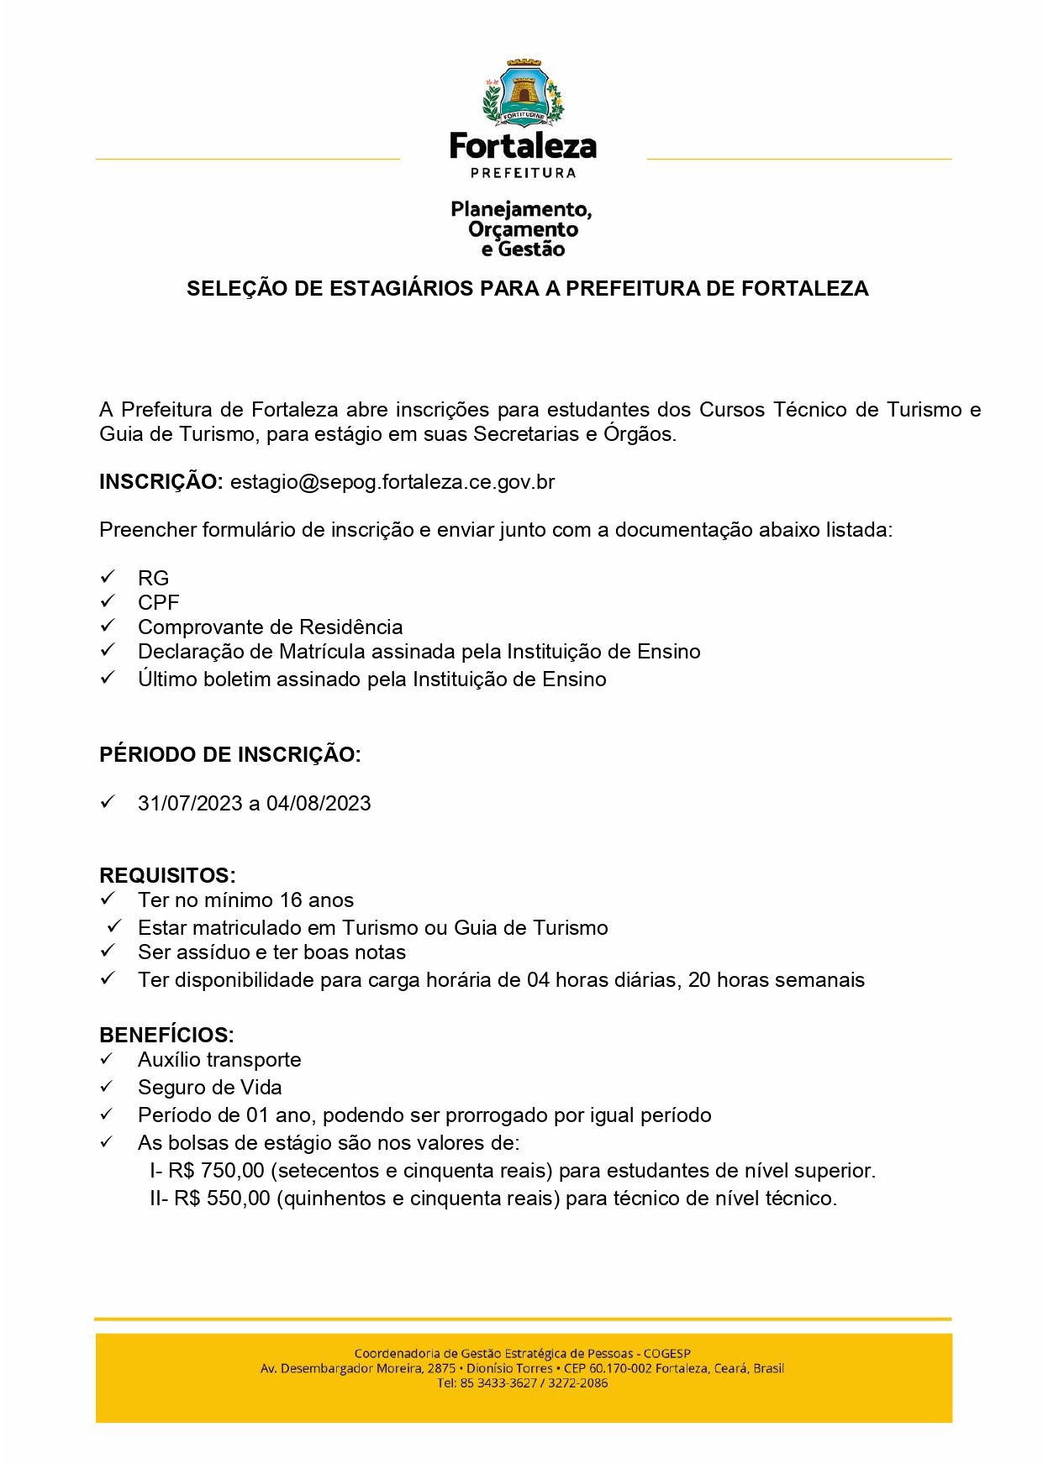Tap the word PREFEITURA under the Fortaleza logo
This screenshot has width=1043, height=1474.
[x=523, y=173]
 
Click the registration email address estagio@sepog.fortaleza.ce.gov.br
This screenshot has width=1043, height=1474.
[x=392, y=482]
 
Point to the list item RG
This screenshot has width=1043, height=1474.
[x=153, y=579]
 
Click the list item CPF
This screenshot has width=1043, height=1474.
[x=158, y=603]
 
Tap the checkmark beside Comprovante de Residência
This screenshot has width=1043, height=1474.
[x=108, y=627]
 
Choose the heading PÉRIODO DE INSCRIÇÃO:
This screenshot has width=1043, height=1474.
[x=229, y=754]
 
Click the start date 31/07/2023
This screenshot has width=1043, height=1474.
[x=190, y=804]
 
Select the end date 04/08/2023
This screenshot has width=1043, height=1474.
[x=319, y=804]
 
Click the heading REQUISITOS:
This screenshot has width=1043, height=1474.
[x=167, y=875]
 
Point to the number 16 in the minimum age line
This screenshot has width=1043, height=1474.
[x=291, y=900]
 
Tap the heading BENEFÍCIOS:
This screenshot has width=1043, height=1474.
[x=166, y=1035]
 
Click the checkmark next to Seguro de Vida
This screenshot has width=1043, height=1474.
[x=108, y=1087]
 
